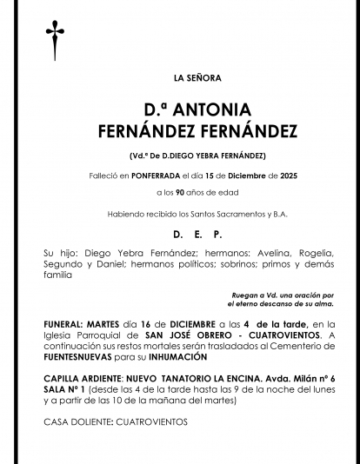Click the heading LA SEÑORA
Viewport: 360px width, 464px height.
coord(197,78)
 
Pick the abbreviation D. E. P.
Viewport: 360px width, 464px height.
coord(197,235)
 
